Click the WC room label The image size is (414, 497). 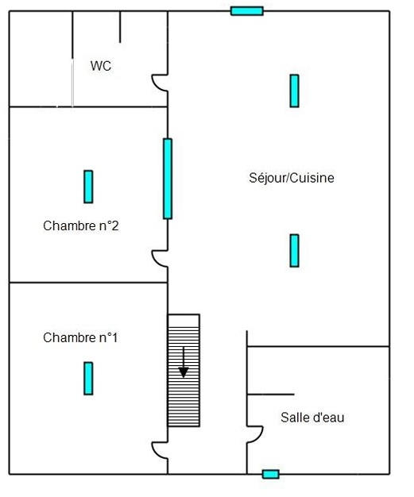tap(101, 66)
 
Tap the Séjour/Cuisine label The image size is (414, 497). tap(292, 178)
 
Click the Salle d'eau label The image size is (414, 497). tap(312, 417)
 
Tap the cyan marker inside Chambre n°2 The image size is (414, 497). tap(88, 187)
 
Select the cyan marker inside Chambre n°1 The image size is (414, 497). tap(88, 378)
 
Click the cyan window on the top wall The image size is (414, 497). tap(246, 11)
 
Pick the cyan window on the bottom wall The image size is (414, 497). tap(271, 474)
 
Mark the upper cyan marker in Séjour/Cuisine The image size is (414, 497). tap(294, 91)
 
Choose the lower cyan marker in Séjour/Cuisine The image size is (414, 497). tap(294, 250)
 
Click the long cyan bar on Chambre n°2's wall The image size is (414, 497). tap(168, 179)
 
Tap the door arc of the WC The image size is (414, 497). tap(159, 83)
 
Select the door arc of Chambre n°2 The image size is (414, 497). tap(159, 258)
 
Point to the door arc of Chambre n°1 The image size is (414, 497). tap(159, 450)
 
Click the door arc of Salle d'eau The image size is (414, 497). tap(255, 433)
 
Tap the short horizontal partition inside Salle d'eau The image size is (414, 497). tap(271, 394)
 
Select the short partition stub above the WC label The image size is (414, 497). tap(120, 27)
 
